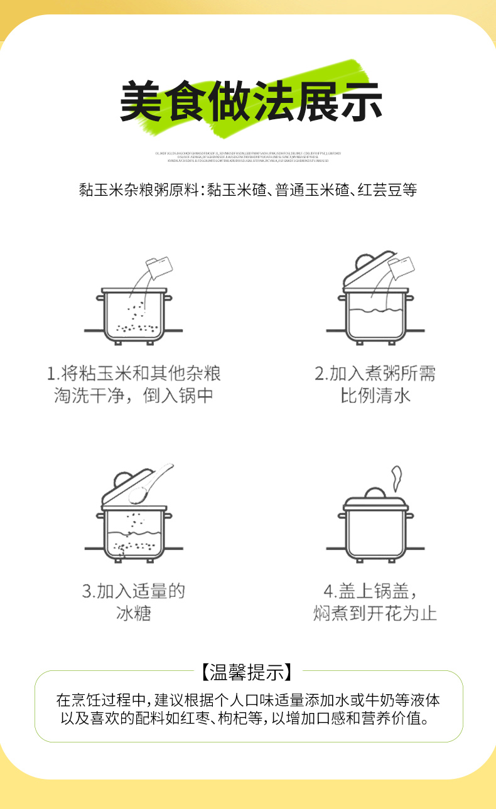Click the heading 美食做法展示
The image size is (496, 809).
point(251,100)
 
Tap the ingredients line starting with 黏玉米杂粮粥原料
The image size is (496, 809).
point(248,190)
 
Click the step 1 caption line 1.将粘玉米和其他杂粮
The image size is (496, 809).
point(134,374)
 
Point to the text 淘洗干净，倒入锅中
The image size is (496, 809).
point(134,397)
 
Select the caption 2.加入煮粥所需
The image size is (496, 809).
point(375,374)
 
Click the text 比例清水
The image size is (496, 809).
point(375,397)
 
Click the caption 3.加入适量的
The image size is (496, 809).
point(134,591)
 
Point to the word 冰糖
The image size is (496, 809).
point(134,613)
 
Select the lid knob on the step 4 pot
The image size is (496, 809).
point(375,493)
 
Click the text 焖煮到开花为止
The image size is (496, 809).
point(375,613)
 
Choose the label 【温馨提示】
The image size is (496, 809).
point(248,672)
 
